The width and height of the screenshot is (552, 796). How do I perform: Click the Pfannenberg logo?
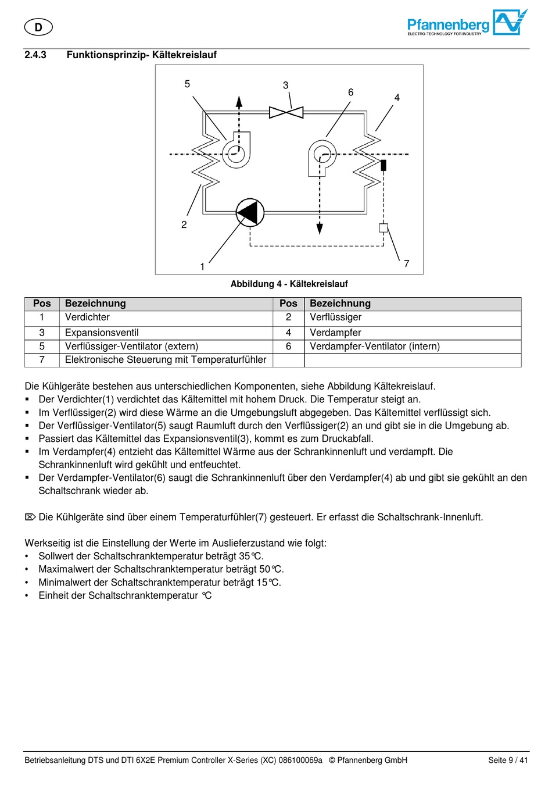[x=467, y=24]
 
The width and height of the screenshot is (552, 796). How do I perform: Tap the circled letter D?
[x=38, y=27]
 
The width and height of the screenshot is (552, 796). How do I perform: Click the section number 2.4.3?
[x=35, y=55]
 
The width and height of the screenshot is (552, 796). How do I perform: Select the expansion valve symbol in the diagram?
[x=286, y=112]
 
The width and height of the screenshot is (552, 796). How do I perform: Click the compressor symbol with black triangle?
[x=250, y=213]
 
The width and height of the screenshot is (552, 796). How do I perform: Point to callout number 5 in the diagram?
[x=187, y=84]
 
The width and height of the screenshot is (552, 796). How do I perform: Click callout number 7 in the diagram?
[x=407, y=263]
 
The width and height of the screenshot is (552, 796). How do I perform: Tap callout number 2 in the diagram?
[x=184, y=224]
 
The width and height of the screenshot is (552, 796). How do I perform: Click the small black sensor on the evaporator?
[x=383, y=165]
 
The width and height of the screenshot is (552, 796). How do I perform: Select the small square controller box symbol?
[x=383, y=228]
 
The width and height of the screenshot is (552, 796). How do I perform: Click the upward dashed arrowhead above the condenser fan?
[x=239, y=102]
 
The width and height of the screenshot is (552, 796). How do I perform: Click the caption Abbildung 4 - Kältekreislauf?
[x=289, y=284]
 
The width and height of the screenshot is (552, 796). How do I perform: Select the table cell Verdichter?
[x=87, y=317]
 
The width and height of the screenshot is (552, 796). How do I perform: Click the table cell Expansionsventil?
[x=102, y=333]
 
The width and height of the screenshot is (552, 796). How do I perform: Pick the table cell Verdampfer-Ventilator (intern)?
[x=375, y=347]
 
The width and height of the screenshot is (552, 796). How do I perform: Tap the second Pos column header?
[x=288, y=304]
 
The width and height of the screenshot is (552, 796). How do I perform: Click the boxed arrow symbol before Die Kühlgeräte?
[x=30, y=517]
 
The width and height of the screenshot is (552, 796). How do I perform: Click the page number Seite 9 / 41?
[x=508, y=760]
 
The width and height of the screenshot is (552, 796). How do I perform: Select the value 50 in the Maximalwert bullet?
[x=265, y=569]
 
